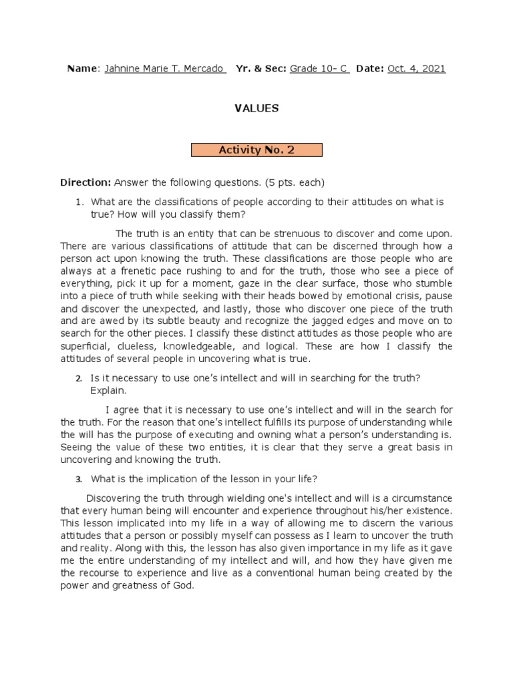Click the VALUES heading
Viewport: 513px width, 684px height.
point(256,108)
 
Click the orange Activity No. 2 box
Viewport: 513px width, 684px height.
point(256,150)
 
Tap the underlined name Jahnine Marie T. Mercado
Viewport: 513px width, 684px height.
point(165,69)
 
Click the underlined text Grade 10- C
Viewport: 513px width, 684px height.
point(319,69)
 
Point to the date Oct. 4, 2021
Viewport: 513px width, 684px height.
point(416,69)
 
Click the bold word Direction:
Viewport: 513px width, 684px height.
point(85,182)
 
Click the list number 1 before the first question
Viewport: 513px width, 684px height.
point(78,202)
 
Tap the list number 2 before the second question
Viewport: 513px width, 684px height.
point(78,378)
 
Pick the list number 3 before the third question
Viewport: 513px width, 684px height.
point(78,479)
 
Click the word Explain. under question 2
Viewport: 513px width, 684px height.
point(108,390)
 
